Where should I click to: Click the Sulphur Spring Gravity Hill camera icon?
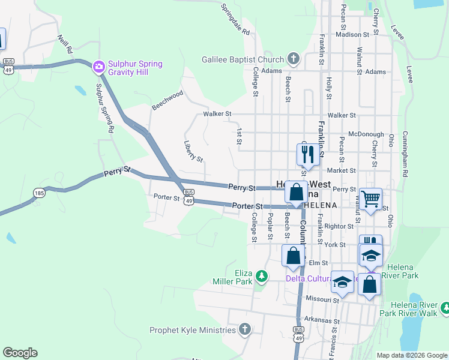click(98, 66)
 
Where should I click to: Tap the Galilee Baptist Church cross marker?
click(293, 59)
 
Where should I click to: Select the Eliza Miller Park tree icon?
click(261, 276)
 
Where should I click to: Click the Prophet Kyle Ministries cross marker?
click(244, 329)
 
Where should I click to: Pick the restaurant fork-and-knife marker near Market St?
click(307, 154)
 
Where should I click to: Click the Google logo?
click(20, 353)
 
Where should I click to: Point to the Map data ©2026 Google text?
click(411, 355)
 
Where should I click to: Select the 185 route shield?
click(39, 193)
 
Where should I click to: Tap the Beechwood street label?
click(167, 100)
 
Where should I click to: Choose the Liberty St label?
click(193, 151)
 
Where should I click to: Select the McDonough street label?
click(366, 134)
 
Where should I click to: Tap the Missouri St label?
click(318, 298)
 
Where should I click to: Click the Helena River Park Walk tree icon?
click(445, 309)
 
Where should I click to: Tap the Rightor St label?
click(339, 226)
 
